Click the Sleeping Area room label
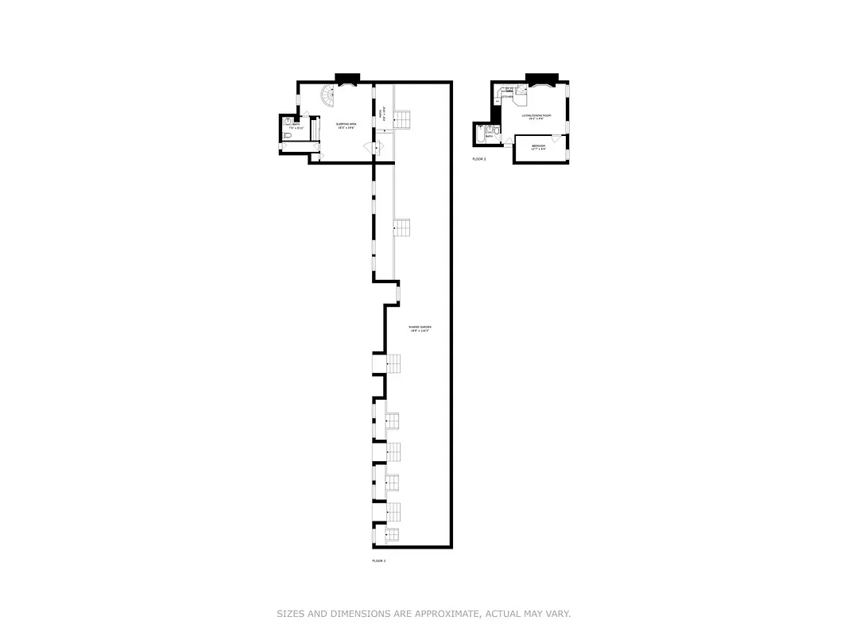[345, 125]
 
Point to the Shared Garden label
[419, 329]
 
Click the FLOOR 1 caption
[378, 561]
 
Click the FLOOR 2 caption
[478, 159]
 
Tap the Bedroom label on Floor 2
[539, 147]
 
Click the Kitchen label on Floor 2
[507, 97]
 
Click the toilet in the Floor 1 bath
[286, 137]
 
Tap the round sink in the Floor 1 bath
[286, 123]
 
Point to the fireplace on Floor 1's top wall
[347, 79]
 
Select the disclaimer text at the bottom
[424, 614]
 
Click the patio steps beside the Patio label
[402, 119]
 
